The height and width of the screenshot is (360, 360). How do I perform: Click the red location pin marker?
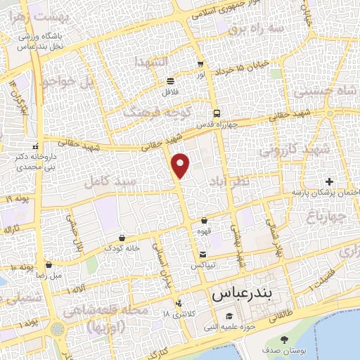pos(181,165)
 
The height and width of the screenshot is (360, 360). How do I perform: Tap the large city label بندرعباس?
pos(242,290)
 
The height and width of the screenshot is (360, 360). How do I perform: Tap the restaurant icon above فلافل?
pos(171,81)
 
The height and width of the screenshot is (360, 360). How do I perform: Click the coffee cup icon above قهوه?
pos(204,221)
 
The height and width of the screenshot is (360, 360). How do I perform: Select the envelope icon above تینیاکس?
pos(202,254)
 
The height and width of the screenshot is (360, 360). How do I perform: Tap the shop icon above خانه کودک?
pos(123,237)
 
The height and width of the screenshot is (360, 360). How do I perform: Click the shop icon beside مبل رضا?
pos(49,265)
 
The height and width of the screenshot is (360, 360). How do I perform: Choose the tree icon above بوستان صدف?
pos(284,340)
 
